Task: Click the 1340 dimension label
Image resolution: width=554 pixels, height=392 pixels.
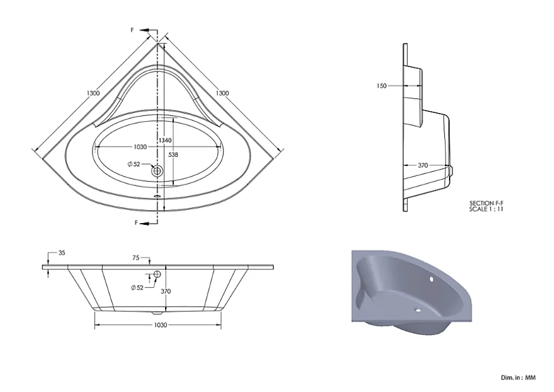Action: click(x=165, y=141)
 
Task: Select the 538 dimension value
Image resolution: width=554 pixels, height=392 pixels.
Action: click(x=173, y=155)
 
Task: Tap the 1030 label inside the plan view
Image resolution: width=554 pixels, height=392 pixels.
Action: click(x=140, y=147)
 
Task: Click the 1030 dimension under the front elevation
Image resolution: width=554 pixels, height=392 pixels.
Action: click(x=160, y=325)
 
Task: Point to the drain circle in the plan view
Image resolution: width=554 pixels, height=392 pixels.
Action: click(x=157, y=171)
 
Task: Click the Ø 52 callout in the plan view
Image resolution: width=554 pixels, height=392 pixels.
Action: click(x=134, y=164)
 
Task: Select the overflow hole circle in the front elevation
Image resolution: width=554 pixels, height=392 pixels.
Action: click(x=157, y=274)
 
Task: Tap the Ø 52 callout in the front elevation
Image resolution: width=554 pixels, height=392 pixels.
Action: click(x=137, y=288)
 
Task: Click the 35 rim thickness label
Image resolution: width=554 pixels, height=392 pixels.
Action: click(x=62, y=253)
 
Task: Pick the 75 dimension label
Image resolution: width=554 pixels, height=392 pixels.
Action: click(x=136, y=258)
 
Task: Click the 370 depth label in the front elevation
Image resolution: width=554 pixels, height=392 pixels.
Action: click(x=166, y=291)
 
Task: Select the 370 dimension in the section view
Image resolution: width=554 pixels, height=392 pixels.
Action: click(x=423, y=165)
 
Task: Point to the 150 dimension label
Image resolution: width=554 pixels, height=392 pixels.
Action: click(x=381, y=86)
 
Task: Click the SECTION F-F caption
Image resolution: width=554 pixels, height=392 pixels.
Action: click(x=486, y=203)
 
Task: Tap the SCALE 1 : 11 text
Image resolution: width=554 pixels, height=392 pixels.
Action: click(x=486, y=209)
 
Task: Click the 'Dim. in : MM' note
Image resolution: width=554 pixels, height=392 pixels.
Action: click(x=518, y=377)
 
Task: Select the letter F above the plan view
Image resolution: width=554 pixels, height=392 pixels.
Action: click(x=133, y=31)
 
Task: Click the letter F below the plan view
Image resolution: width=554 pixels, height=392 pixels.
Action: click(x=136, y=222)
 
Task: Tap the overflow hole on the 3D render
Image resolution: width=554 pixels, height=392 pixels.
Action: click(x=431, y=280)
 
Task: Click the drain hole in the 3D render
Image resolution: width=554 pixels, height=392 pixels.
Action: click(x=418, y=311)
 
